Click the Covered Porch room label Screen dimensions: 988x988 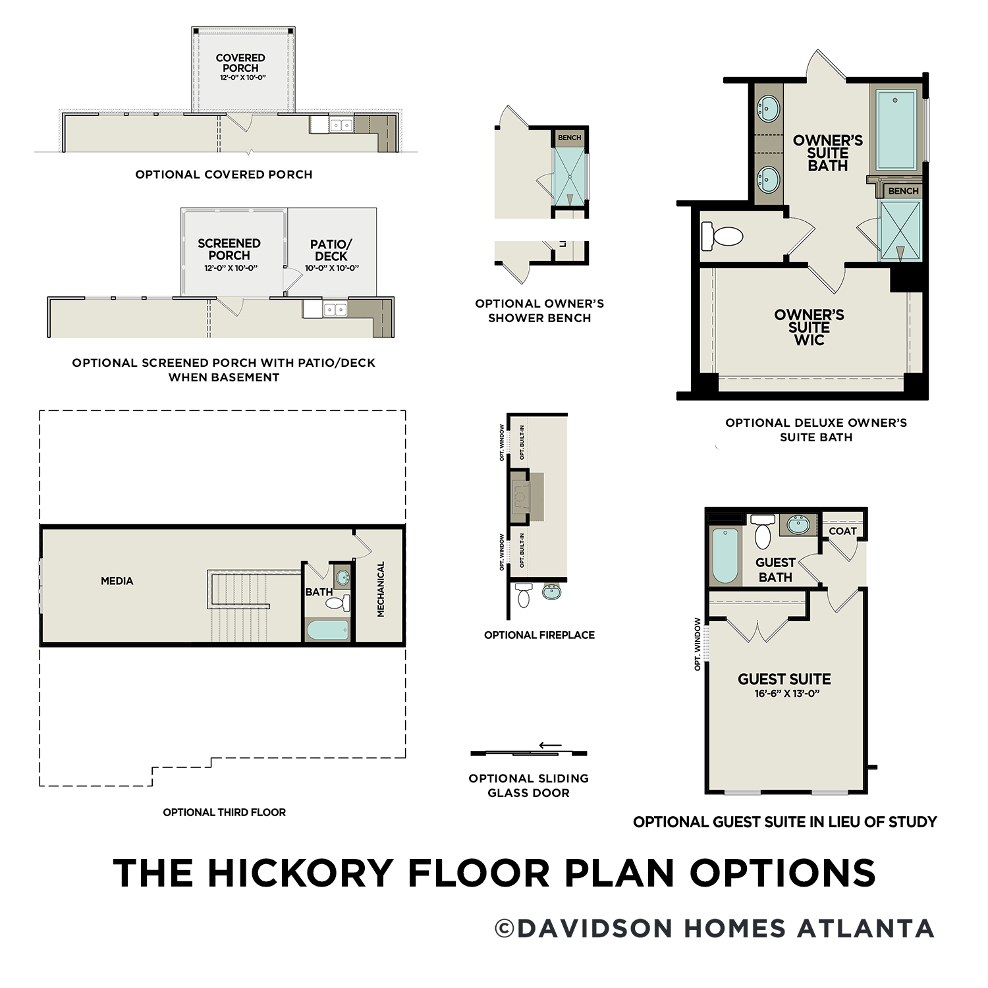click(x=240, y=63)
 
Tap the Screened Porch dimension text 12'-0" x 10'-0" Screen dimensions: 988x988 click(x=231, y=268)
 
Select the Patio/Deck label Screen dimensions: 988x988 click(x=331, y=250)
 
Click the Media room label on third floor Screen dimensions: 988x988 click(x=117, y=581)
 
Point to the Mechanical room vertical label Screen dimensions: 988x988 click(x=381, y=589)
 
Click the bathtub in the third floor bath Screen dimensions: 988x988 click(x=327, y=630)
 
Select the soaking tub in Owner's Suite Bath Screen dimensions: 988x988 click(x=896, y=130)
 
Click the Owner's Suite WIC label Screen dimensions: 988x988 click(x=809, y=327)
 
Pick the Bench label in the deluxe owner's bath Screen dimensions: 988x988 click(x=903, y=191)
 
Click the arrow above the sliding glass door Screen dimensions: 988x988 click(x=550, y=746)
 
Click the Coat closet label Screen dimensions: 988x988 click(x=842, y=531)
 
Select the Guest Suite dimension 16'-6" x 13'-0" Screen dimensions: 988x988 click(x=786, y=694)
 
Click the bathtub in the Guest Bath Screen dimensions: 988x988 click(x=725, y=555)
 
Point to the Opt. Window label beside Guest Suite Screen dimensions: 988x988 click(x=698, y=644)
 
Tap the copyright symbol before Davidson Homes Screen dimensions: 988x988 click(x=505, y=929)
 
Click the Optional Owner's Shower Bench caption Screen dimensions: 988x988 click(x=539, y=311)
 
